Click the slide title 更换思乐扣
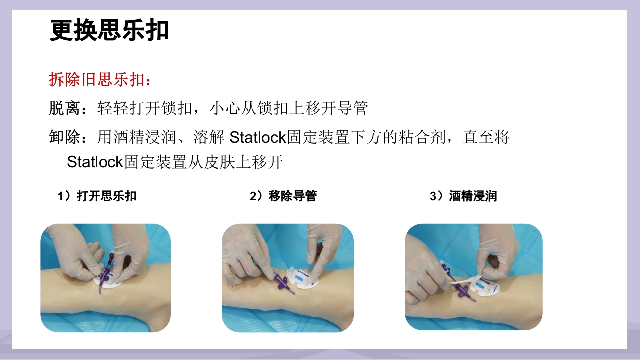coord(109,31)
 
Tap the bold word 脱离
coord(65,108)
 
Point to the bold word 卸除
coord(65,137)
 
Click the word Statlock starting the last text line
coord(95,162)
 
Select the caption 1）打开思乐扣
coord(97,196)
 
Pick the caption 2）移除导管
coord(283,196)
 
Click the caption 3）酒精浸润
coord(463,196)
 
